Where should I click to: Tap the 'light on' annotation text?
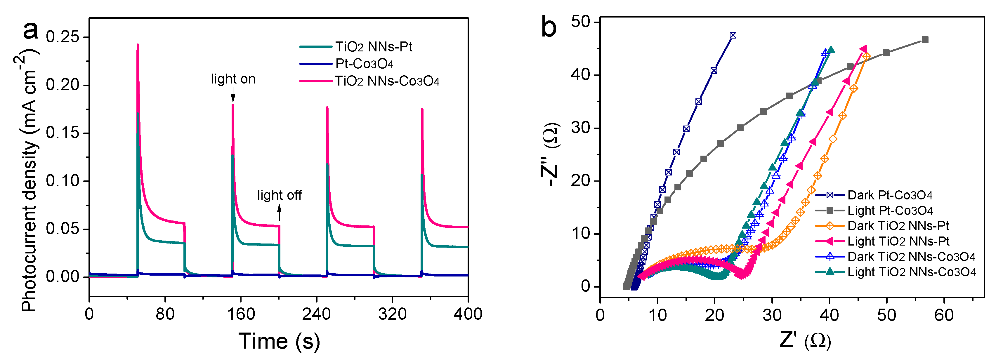(233, 79)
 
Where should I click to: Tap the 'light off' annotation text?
(280, 195)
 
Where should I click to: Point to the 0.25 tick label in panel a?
(62, 37)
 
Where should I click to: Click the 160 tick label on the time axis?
(241, 314)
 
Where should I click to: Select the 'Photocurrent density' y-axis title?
(29, 183)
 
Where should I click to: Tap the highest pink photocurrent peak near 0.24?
(138, 45)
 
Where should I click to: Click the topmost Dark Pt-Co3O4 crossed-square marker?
(733, 35)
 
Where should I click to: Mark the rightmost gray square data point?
(925, 40)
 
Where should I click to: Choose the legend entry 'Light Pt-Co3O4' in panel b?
(890, 211)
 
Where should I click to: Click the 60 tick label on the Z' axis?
(944, 314)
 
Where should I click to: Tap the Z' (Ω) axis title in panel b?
(805, 341)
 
